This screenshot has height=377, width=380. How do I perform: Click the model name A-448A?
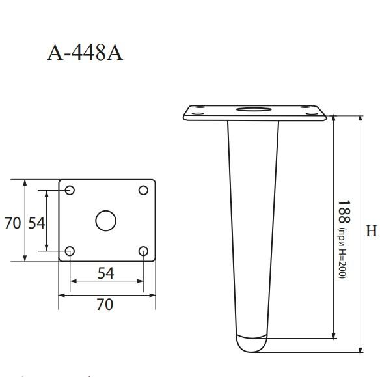click(x=85, y=52)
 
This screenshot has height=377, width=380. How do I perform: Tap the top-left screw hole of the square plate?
click(x=70, y=190)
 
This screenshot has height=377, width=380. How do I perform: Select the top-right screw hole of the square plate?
click(x=144, y=190)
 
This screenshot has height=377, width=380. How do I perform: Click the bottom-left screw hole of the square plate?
click(x=70, y=251)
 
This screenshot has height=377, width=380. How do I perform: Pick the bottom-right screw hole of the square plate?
click(x=144, y=251)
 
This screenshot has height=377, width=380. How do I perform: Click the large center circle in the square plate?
click(x=105, y=221)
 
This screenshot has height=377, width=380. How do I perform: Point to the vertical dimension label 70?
click(x=12, y=223)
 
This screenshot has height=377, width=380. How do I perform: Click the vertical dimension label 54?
click(x=36, y=223)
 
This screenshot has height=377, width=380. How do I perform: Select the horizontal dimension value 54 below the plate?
click(x=106, y=273)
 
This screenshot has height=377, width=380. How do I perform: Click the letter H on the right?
click(x=372, y=231)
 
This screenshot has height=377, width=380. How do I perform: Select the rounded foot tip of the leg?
click(x=250, y=344)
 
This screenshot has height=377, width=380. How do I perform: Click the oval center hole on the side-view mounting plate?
click(x=254, y=109)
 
